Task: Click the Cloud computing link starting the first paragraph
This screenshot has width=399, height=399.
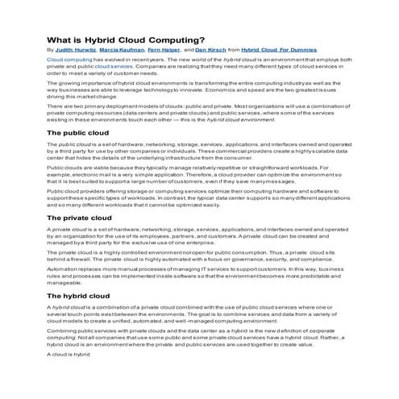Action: [x=69, y=60]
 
